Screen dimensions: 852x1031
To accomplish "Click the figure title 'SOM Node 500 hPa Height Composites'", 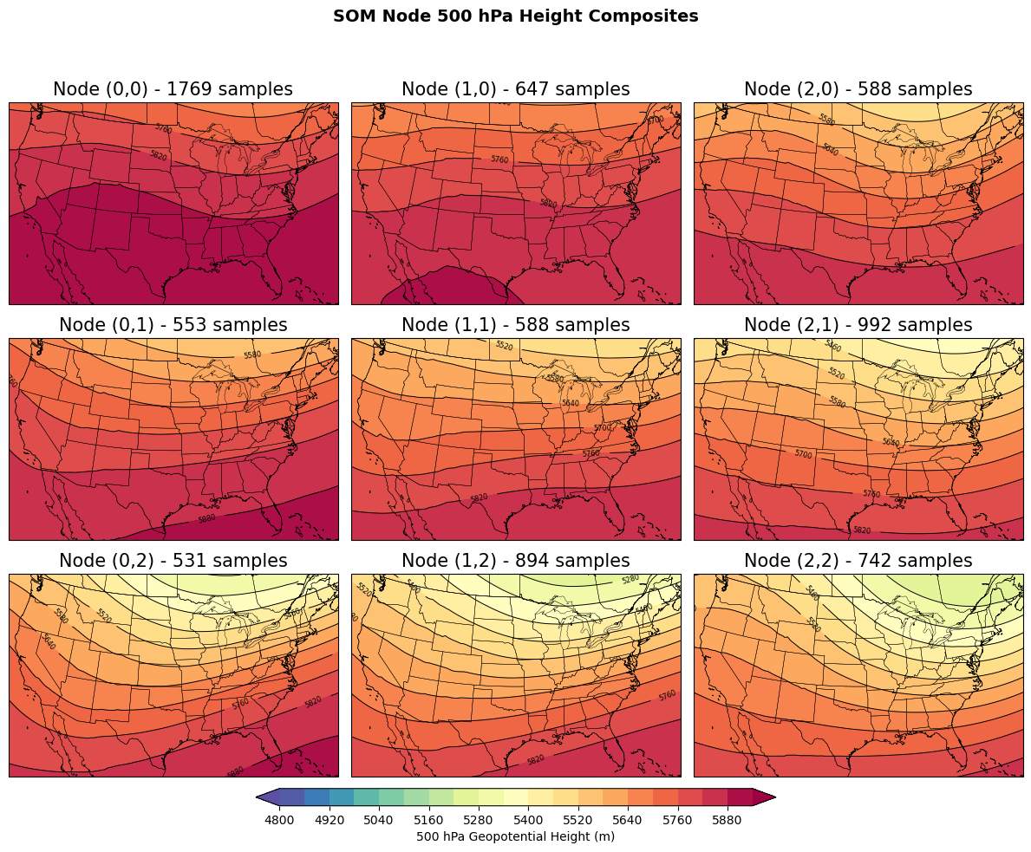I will (x=515, y=16).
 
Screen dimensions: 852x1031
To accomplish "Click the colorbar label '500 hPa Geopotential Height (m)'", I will (x=515, y=836).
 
